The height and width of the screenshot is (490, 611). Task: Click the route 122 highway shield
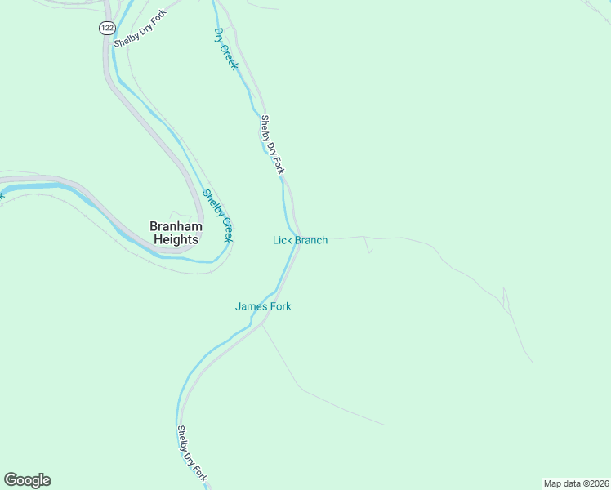107,28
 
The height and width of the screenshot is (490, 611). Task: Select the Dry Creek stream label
225,49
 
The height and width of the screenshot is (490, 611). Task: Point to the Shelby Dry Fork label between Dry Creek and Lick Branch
272,145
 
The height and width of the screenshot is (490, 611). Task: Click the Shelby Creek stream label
218,216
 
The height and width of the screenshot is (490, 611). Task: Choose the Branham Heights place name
175,233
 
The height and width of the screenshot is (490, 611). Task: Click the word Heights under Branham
176,240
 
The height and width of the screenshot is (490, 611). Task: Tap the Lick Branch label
300,240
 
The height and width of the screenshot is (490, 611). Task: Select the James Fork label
263,306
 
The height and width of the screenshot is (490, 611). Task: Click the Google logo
27,480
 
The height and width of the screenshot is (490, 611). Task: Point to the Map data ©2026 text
576,483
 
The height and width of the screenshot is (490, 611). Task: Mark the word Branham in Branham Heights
175,226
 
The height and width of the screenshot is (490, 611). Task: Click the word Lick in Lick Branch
282,240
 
